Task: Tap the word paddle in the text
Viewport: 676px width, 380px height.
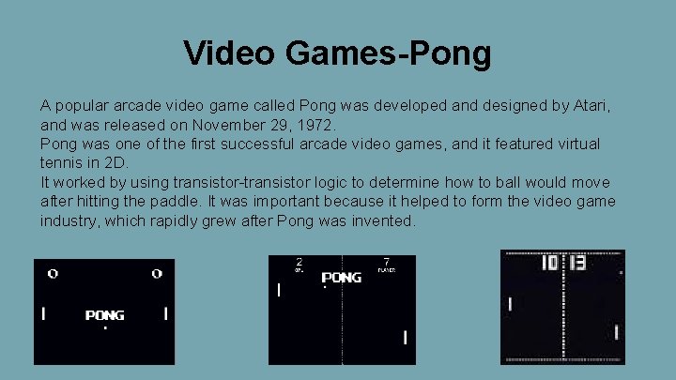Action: click(x=176, y=202)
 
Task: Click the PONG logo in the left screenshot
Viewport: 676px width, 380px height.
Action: click(x=104, y=315)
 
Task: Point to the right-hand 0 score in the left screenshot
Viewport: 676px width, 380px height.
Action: click(x=157, y=274)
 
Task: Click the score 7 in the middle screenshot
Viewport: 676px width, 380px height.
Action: click(x=387, y=262)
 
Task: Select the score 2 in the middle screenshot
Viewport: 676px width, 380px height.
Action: click(x=299, y=262)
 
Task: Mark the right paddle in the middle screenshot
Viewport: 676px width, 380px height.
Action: click(x=405, y=337)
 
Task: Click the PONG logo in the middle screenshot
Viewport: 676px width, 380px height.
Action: click(x=342, y=278)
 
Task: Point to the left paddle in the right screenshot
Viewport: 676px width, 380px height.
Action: click(x=510, y=304)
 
